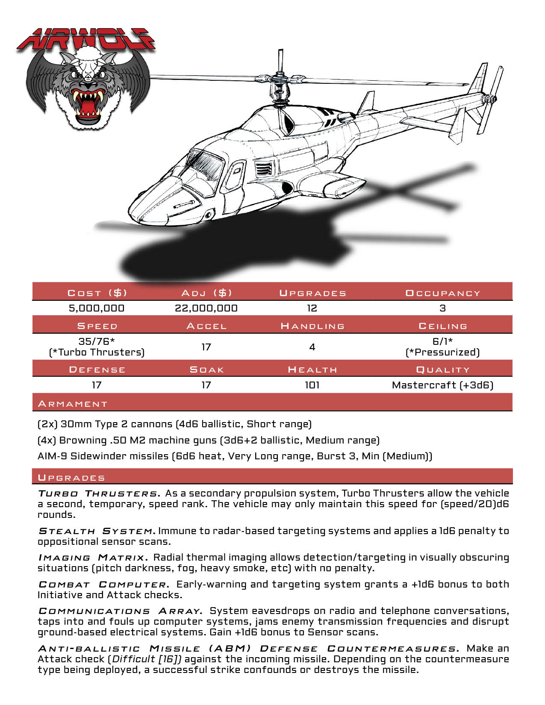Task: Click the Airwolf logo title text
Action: [85, 41]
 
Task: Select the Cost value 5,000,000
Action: [97, 308]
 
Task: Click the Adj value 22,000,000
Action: [206, 308]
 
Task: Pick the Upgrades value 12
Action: [312, 308]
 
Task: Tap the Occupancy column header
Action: [442, 293]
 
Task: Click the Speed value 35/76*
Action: [97, 341]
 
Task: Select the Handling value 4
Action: [312, 347]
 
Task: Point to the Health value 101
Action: [312, 385]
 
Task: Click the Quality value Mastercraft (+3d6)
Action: [442, 385]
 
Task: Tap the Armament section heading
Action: [73, 404]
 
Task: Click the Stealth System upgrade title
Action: [96, 531]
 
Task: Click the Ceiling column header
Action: [442, 326]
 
